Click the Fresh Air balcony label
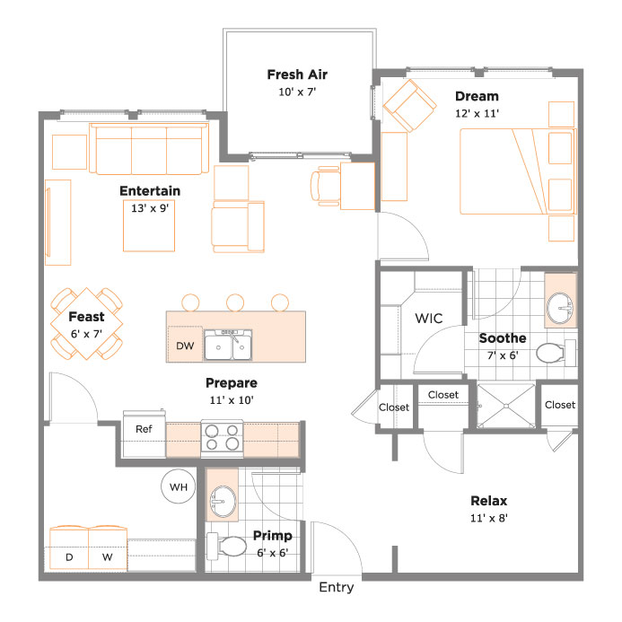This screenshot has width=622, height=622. tap(297, 74)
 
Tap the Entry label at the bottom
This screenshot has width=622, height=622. tap(337, 587)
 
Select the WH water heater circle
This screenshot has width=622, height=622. tap(178, 486)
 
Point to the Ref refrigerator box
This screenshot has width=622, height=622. tap(144, 434)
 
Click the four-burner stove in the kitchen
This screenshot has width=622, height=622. tap(223, 438)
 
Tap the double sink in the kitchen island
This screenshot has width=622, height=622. tap(228, 345)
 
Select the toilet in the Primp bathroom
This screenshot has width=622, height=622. tap(226, 547)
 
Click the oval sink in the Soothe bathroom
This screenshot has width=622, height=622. tap(560, 309)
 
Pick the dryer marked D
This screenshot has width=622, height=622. tap(69, 548)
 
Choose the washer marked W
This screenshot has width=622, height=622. tap(108, 548)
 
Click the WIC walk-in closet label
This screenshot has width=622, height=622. tap(429, 318)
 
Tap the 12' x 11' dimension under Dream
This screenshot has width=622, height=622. tap(477, 113)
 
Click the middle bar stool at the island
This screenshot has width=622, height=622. tap(235, 302)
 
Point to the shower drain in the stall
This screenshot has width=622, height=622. tap(506, 406)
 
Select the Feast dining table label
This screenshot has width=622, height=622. tap(86, 317)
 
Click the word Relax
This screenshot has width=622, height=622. tap(488, 501)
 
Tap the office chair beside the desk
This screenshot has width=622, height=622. tap(325, 186)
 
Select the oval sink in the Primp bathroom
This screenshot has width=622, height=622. tap(223, 502)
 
